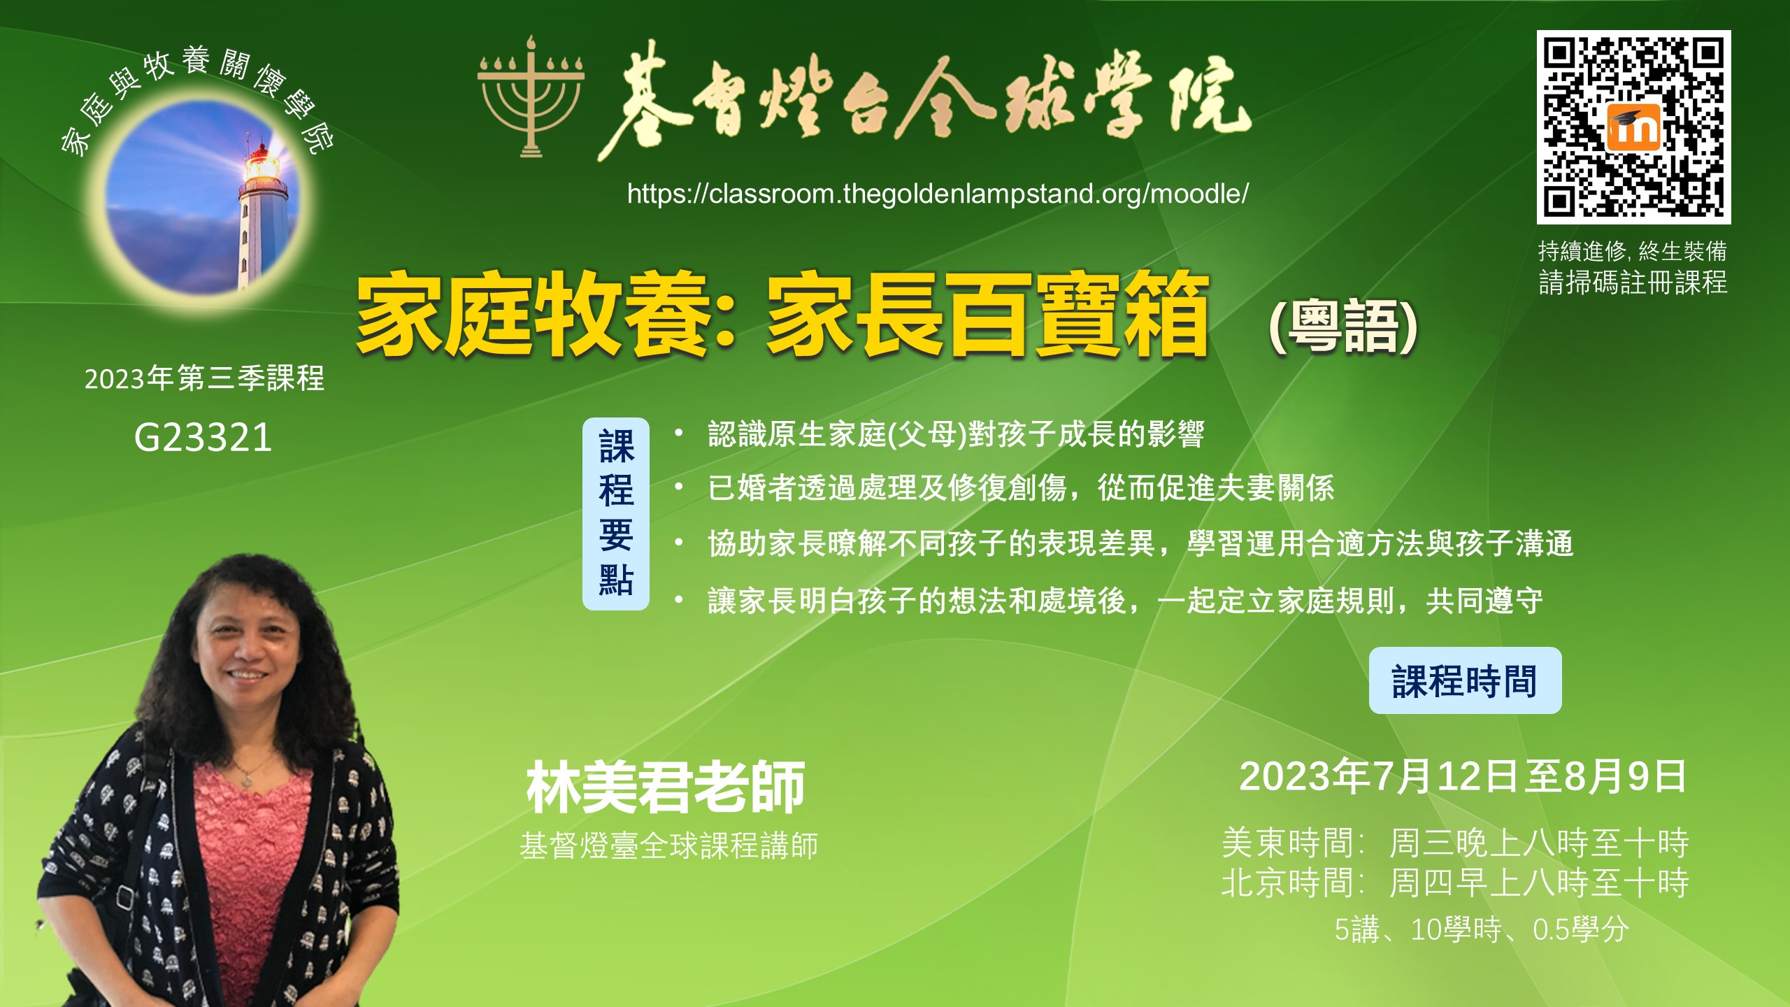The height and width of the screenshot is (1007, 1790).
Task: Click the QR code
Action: click(x=1633, y=127)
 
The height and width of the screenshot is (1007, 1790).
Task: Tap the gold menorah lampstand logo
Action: click(x=531, y=96)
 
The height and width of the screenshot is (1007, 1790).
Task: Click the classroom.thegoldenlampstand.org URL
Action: click(x=938, y=194)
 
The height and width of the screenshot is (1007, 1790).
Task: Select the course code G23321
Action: click(x=203, y=438)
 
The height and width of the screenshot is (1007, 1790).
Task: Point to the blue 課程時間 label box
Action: click(x=1465, y=680)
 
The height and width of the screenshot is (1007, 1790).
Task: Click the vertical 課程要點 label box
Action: click(x=616, y=514)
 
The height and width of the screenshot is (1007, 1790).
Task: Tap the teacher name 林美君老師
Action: click(x=666, y=787)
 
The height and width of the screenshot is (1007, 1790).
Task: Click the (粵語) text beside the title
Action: click(x=1342, y=327)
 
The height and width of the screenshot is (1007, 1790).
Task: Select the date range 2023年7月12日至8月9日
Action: click(x=1463, y=777)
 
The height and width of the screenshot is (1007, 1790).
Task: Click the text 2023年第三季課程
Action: click(x=204, y=378)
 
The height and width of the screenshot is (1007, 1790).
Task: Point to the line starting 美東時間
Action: click(x=1455, y=843)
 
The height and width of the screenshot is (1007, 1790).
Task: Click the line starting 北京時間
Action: click(x=1455, y=883)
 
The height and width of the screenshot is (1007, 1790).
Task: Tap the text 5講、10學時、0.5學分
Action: click(x=1482, y=930)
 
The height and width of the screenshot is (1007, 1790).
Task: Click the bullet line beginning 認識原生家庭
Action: click(x=956, y=434)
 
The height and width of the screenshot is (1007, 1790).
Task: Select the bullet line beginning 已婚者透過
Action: click(x=1021, y=488)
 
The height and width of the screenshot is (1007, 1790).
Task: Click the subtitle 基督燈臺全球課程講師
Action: click(x=669, y=846)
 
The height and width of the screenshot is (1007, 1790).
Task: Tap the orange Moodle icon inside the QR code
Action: click(x=1634, y=127)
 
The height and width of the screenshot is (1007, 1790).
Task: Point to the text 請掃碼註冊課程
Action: click(x=1633, y=283)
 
